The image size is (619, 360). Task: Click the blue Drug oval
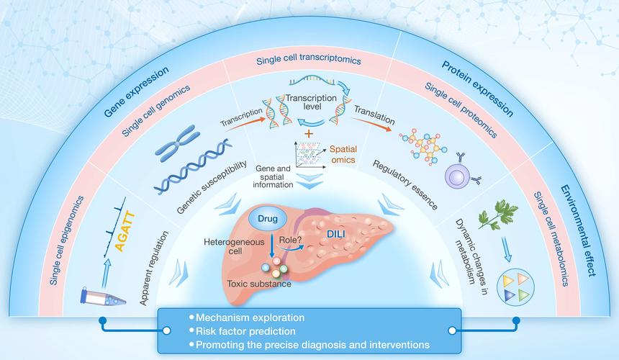coord(268,219)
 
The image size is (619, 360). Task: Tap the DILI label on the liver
coord(336,234)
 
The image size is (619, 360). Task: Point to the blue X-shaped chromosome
coord(177,143)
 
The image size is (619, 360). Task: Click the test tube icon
coord(103,297)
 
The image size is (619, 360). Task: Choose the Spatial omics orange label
coord(343,154)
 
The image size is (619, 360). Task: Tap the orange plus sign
coord(309,133)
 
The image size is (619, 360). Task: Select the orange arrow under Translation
coord(373,125)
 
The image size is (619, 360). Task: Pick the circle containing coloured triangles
coord(515,286)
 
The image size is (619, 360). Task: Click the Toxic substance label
coord(259,284)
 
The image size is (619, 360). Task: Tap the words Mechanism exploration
coord(250,318)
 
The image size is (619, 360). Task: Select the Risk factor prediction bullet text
coord(245,331)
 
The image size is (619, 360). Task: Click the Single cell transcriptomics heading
coord(309,59)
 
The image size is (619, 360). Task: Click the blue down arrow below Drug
coord(271,246)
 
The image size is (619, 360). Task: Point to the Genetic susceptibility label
coord(212,186)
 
